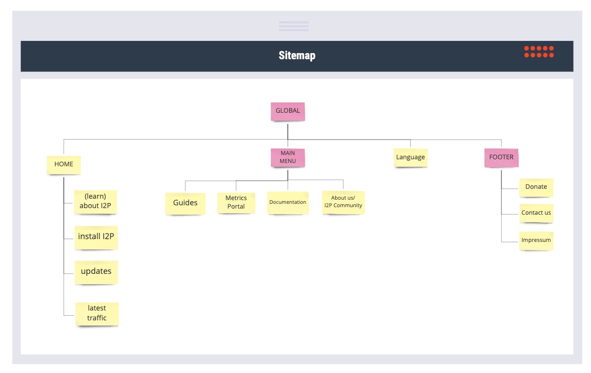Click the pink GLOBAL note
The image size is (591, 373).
(288, 112)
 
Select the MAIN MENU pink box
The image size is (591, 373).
(288, 157)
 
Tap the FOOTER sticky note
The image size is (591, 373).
(501, 157)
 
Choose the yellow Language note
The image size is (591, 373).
(411, 157)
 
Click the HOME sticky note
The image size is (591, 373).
(64, 165)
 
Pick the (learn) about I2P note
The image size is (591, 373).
(95, 202)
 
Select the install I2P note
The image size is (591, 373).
(96, 238)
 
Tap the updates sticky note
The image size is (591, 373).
(96, 272)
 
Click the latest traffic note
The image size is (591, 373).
(97, 314)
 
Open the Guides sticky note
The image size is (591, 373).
(185, 203)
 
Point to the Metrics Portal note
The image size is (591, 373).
(236, 203)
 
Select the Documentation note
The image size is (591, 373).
(288, 203)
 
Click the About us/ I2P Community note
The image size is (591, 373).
(343, 202)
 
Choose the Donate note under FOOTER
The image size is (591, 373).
(537, 188)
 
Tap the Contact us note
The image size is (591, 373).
(537, 213)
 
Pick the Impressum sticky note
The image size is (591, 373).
(537, 241)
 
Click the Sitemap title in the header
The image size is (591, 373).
(297, 55)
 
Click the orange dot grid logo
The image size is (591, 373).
(539, 52)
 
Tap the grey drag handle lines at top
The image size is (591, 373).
(294, 26)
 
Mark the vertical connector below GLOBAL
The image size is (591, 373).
(288, 132)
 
